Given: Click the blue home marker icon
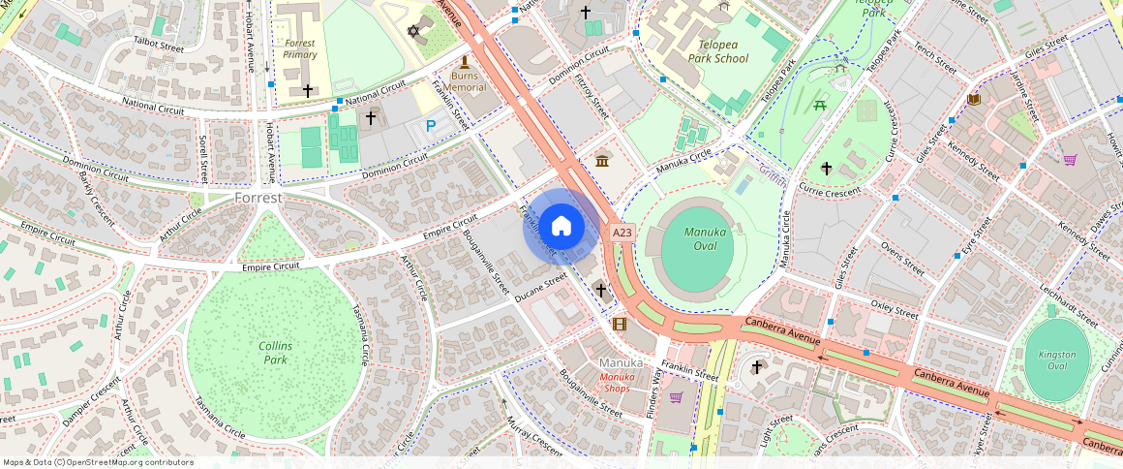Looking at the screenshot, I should (x=561, y=227).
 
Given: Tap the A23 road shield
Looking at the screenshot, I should (x=622, y=233).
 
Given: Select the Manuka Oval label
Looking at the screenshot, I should (x=706, y=238).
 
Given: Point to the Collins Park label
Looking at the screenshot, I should (x=276, y=353).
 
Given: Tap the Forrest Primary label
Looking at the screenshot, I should (x=300, y=48).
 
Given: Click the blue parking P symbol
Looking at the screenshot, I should (x=431, y=125).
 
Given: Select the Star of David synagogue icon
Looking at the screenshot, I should (x=415, y=31).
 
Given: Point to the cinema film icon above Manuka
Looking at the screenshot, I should (x=619, y=324).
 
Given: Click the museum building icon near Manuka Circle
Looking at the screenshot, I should (x=602, y=160).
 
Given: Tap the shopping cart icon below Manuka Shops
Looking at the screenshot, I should (x=676, y=397).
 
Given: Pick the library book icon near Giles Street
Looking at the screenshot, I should (x=973, y=100).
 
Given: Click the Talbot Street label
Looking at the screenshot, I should (x=159, y=46).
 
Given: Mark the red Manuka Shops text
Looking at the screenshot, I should (x=617, y=382).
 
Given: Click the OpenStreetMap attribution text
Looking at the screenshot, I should (x=98, y=462).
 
